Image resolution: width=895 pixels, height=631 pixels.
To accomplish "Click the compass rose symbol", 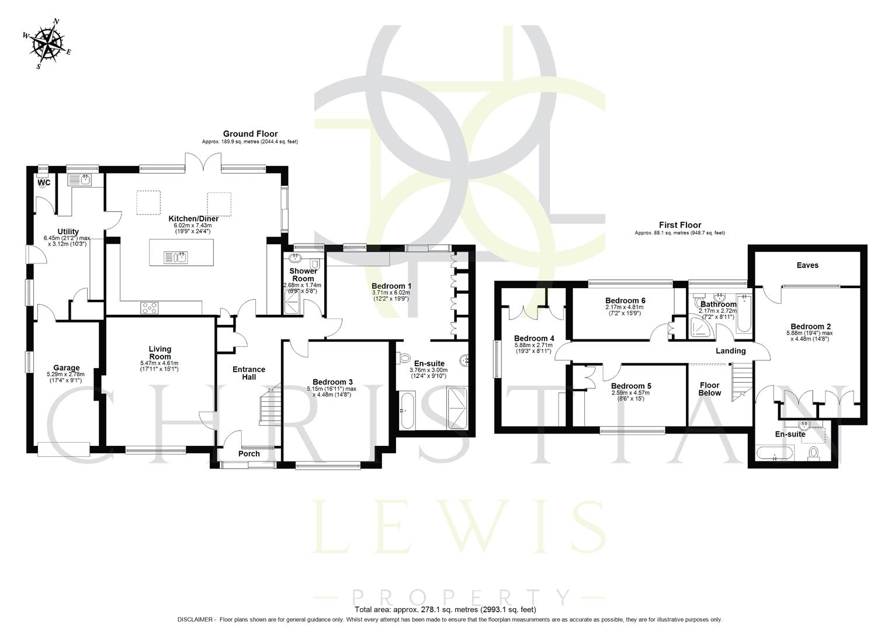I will [x=47, y=44].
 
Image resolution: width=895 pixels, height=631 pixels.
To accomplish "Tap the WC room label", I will [x=44, y=182].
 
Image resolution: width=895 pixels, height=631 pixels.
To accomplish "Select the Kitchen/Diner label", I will [x=185, y=219].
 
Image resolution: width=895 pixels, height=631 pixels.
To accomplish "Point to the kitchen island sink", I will [x=175, y=256].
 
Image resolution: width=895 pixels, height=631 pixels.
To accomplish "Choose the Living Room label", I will [x=159, y=353].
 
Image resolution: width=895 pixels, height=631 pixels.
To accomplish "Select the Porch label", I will [x=249, y=454].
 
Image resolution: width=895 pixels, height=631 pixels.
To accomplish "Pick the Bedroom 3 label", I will [x=332, y=382].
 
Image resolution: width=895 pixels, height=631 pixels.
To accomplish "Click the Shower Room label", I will [x=303, y=275].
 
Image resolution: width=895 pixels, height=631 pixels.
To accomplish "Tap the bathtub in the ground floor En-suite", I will [x=407, y=411].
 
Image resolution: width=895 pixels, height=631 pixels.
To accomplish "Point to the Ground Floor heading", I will [x=250, y=134].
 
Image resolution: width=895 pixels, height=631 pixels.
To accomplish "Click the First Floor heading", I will [x=680, y=225].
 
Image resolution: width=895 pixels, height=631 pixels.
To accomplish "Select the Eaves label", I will [x=807, y=265].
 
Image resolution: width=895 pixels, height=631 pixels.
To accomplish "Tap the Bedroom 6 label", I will [x=625, y=301].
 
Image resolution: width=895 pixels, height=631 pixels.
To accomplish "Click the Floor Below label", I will [x=710, y=389].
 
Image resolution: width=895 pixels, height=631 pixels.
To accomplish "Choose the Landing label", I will [x=731, y=351].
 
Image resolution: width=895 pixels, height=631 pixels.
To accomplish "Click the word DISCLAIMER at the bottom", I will [x=196, y=620].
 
